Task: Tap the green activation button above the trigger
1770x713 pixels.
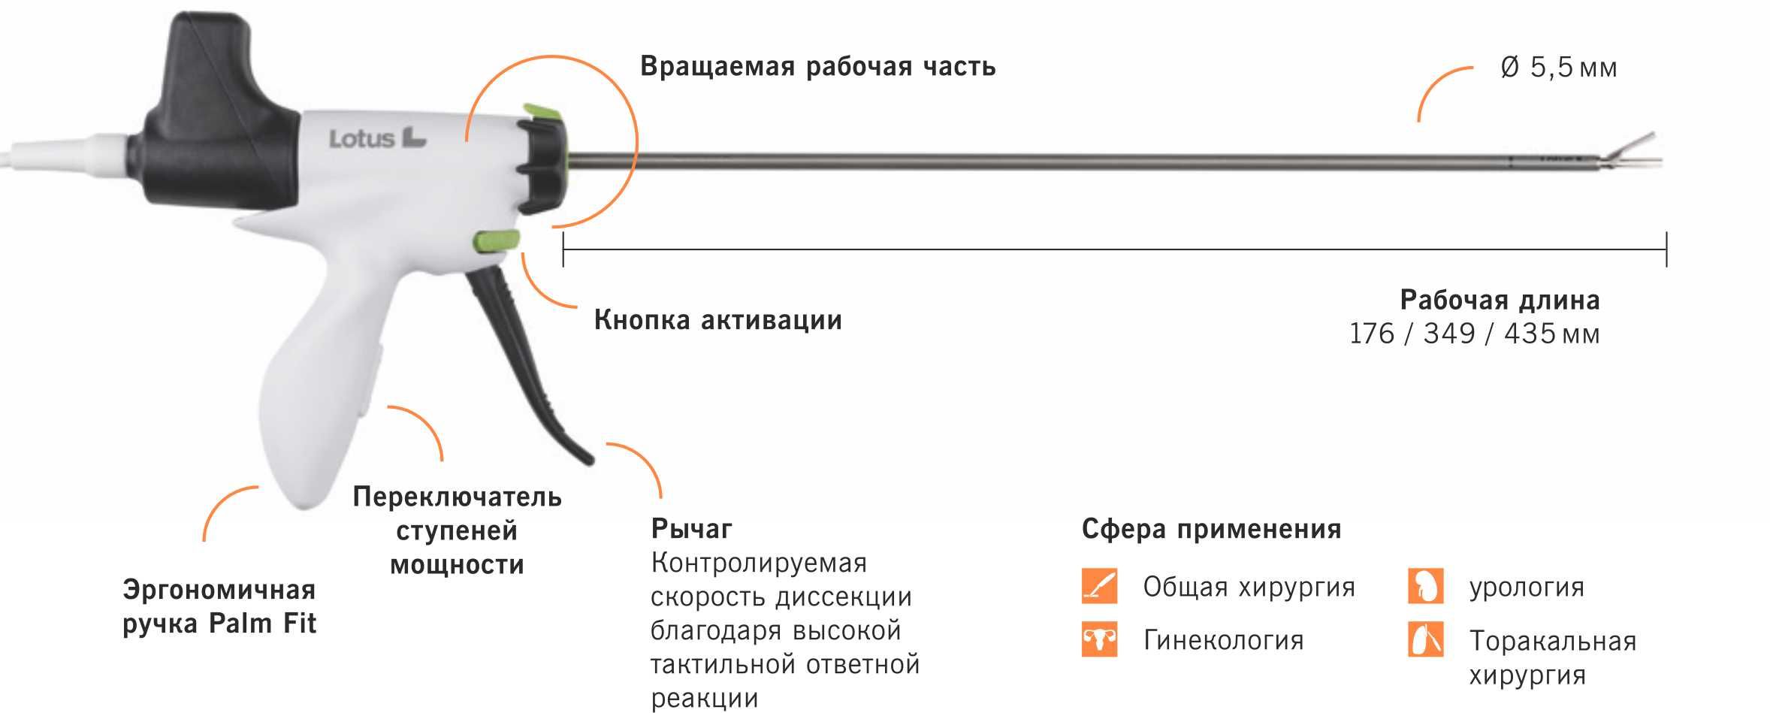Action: pyautogui.click(x=496, y=241)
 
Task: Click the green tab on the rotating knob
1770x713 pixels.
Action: pyautogui.click(x=543, y=113)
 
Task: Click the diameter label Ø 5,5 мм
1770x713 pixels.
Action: pyautogui.click(x=1558, y=68)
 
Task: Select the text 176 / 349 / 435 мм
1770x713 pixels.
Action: pyautogui.click(x=1474, y=334)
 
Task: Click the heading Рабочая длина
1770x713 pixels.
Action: pyautogui.click(x=1500, y=300)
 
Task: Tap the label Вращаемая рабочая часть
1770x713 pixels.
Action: pyautogui.click(x=817, y=66)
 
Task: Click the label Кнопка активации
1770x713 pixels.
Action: pyautogui.click(x=717, y=320)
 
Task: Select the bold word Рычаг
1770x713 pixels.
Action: pyautogui.click(x=691, y=529)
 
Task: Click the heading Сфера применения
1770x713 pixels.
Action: pyautogui.click(x=1211, y=529)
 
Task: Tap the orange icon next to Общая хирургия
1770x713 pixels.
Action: pyautogui.click(x=1099, y=586)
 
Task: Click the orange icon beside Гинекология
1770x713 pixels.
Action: pyautogui.click(x=1099, y=640)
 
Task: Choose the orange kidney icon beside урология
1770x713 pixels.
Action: pyautogui.click(x=1425, y=586)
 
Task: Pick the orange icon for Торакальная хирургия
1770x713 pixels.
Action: pyautogui.click(x=1425, y=640)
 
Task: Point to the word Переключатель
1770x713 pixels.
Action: pyautogui.click(x=457, y=497)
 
